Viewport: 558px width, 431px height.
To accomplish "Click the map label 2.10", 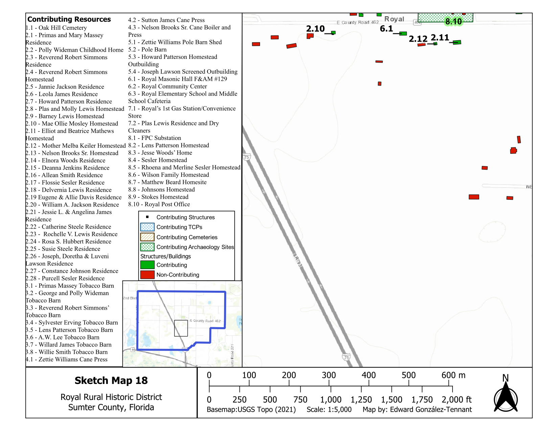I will coord(315,29).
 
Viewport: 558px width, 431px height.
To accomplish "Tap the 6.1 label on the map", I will coord(386,29).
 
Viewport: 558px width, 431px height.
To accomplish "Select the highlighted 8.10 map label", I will coord(454,22).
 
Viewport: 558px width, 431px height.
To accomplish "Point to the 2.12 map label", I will coord(418,39).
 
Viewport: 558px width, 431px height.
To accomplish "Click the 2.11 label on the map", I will coord(440,38).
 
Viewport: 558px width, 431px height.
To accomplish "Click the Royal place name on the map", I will coord(394,19).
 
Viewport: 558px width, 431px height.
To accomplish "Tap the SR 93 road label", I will coord(297,260).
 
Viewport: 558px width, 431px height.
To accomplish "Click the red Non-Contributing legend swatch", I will coord(147,275).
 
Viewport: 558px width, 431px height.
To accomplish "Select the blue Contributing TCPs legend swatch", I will coord(147,227).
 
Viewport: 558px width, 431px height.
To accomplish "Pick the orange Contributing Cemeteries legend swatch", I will coord(147,237).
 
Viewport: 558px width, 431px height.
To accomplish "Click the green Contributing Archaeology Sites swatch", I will coord(147,247).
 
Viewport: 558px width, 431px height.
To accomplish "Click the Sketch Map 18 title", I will coord(111,381).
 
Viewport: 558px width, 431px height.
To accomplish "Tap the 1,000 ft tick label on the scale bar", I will coord(331,400).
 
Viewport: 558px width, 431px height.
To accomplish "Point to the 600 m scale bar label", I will coord(453,375).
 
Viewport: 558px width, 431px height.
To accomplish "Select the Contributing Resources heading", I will coord(69,19).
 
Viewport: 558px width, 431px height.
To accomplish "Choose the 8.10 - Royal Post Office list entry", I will coord(159,204).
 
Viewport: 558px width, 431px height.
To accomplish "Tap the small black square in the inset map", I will coord(181,328).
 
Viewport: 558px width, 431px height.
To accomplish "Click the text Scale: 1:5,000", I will coord(329,410).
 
